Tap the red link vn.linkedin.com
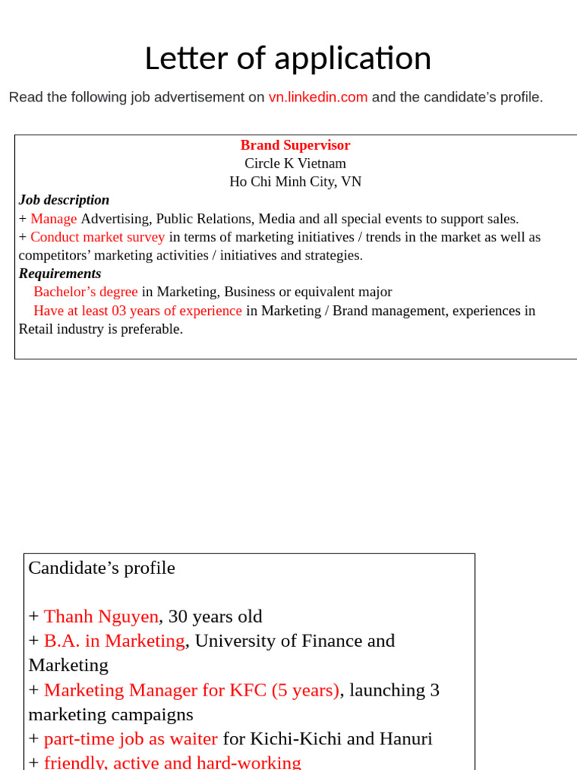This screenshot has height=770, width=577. pos(318,97)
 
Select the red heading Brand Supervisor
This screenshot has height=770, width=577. pos(295,145)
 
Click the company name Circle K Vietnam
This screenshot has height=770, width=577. pos(295,163)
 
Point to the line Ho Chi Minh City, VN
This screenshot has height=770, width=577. pos(295,181)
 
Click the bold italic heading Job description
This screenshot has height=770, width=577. pos(64,200)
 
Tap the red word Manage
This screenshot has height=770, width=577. pos(53,219)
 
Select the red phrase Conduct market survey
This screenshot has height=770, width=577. pos(97,237)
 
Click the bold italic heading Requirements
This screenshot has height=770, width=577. pos(60,274)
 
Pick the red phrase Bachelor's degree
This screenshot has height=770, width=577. pos(86,292)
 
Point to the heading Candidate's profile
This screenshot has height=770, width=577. pos(101,568)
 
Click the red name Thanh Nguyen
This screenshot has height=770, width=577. pos(101,617)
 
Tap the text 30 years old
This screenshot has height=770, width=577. pos(215,617)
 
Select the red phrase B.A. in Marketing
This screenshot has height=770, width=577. pos(114,641)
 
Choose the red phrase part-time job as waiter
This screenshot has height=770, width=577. pos(131,739)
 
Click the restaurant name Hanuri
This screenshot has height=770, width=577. pos(406,739)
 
